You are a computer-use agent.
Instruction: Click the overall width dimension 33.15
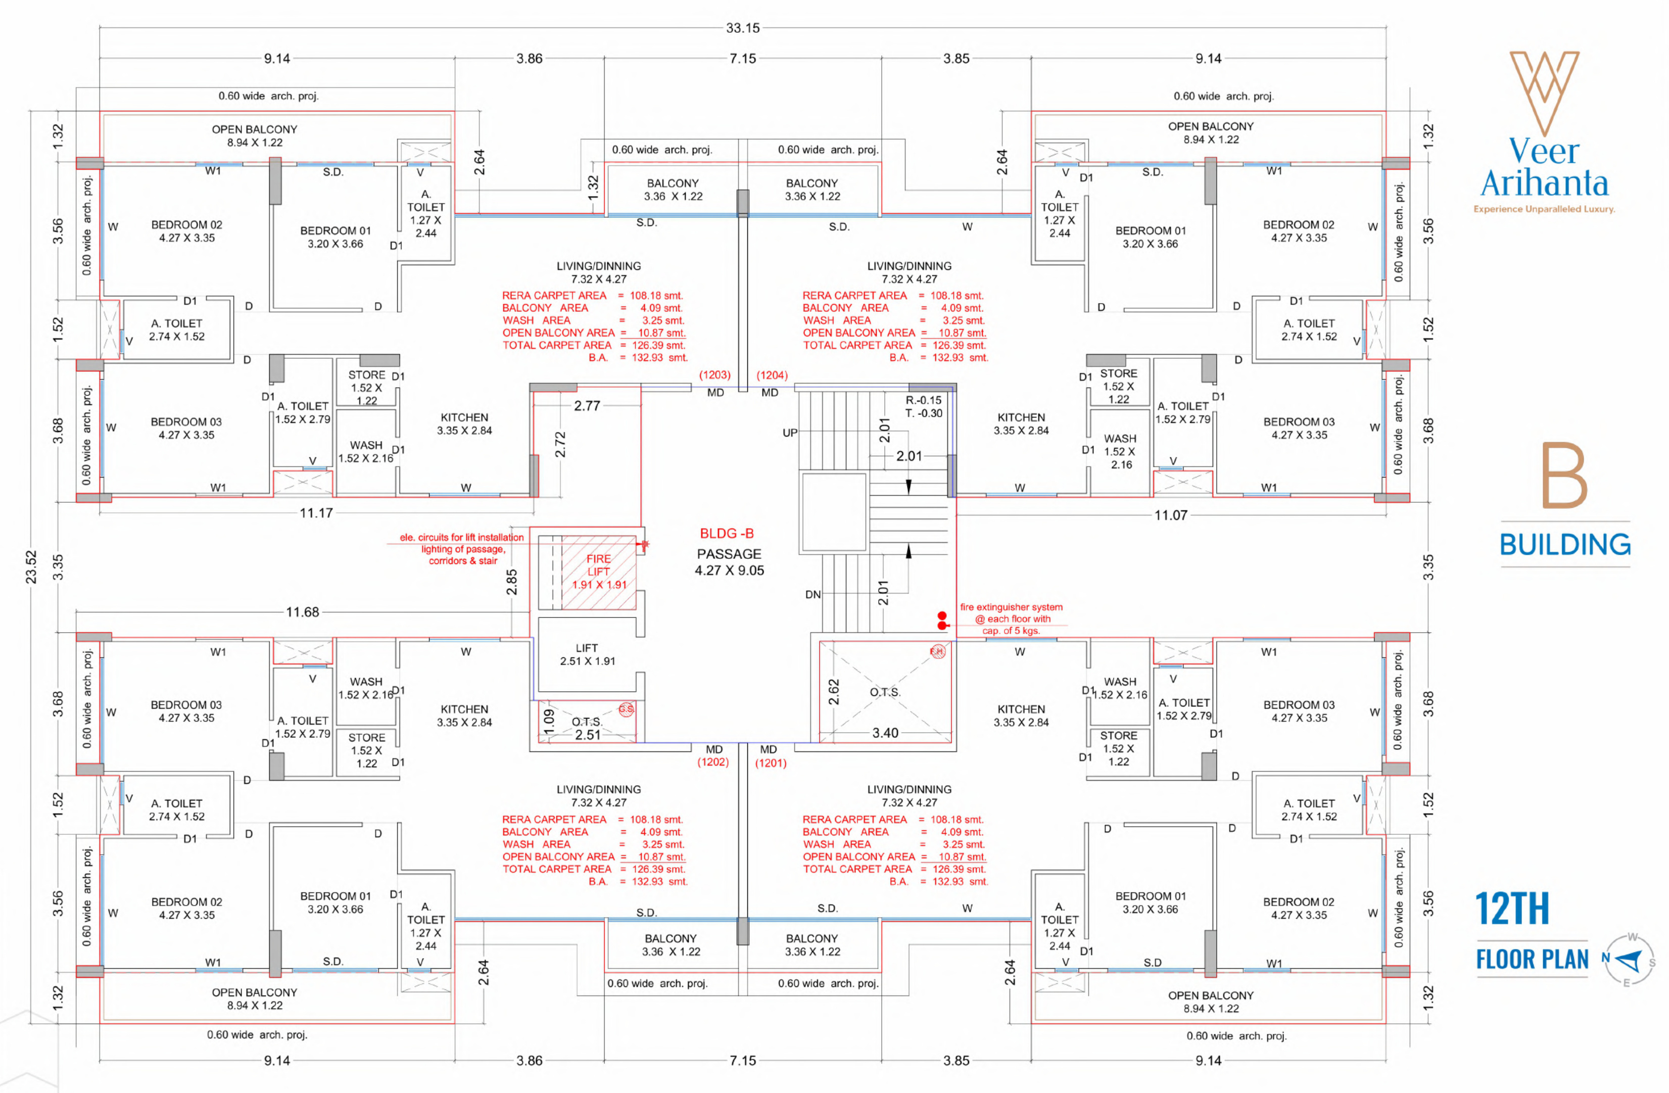pos(743,28)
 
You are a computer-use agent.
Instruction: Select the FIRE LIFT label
pos(598,565)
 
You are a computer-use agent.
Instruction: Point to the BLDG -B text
pos(727,534)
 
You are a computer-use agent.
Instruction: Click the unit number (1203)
pos(714,375)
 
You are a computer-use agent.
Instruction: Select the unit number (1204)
pos(772,375)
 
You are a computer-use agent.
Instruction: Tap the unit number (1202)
pos(713,762)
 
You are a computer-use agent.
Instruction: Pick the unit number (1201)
pos(771,763)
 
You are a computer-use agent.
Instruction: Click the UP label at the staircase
pos(790,433)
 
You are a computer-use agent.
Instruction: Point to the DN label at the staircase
pos(813,595)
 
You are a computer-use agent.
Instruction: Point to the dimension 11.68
pos(302,612)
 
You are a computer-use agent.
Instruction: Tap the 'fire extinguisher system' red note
pos(1011,607)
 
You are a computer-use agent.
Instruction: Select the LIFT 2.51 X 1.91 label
pos(588,654)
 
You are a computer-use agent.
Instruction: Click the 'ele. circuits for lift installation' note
pos(461,538)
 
